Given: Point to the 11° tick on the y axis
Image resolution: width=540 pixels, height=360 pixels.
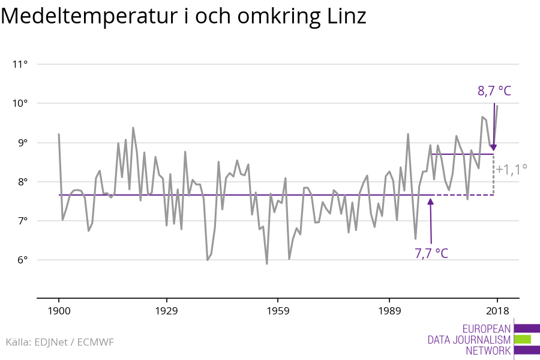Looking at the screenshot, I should click(20, 64).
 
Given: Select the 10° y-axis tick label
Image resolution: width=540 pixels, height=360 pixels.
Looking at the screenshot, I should click(20, 103).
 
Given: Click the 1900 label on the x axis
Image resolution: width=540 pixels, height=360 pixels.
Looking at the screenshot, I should click(59, 311).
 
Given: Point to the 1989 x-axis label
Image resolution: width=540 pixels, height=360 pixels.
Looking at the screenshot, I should click(389, 311).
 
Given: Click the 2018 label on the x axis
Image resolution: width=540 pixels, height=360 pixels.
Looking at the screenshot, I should click(497, 311).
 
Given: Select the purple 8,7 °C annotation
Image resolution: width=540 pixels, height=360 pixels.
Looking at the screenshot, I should click(494, 91).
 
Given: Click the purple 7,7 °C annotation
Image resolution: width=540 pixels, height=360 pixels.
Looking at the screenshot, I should click(431, 253).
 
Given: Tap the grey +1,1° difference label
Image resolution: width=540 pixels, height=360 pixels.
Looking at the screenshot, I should click(511, 169).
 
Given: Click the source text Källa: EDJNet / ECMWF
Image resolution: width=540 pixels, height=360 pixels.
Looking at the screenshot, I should click(59, 342).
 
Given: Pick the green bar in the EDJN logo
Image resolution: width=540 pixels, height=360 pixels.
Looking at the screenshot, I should click(523, 339).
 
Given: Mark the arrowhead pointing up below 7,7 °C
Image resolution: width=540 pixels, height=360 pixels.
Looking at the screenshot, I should click(431, 200).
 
